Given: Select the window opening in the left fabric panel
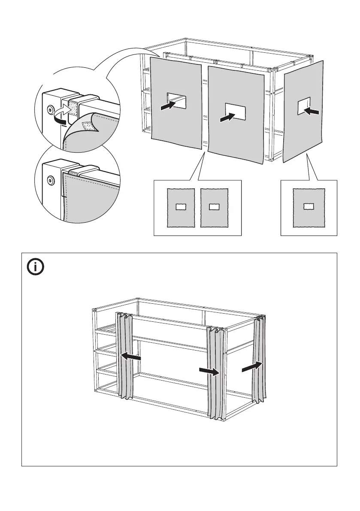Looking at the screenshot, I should click(177, 100).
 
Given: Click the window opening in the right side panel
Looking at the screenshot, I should click(303, 106).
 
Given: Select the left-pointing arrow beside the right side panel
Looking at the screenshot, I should click(312, 111).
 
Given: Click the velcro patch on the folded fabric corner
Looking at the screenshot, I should click(89, 126).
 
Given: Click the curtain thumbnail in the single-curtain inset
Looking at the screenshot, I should click(309, 208).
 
